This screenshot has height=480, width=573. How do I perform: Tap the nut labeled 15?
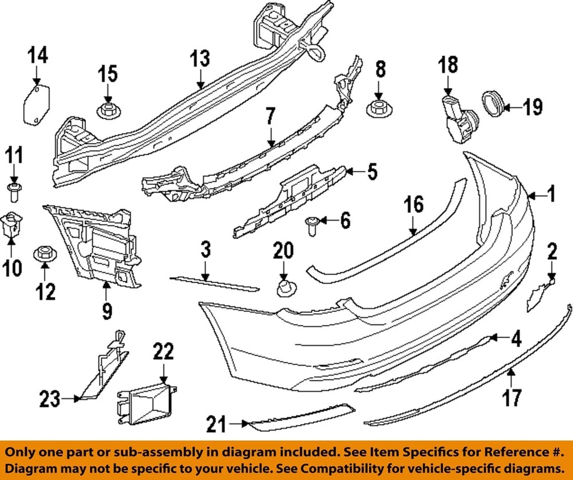pyautogui.click(x=108, y=110)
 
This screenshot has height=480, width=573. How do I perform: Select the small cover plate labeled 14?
pyautogui.click(x=36, y=106)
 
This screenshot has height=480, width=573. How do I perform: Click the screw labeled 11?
pyautogui.click(x=14, y=190)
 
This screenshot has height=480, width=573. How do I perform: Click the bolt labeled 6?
pyautogui.click(x=312, y=224)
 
